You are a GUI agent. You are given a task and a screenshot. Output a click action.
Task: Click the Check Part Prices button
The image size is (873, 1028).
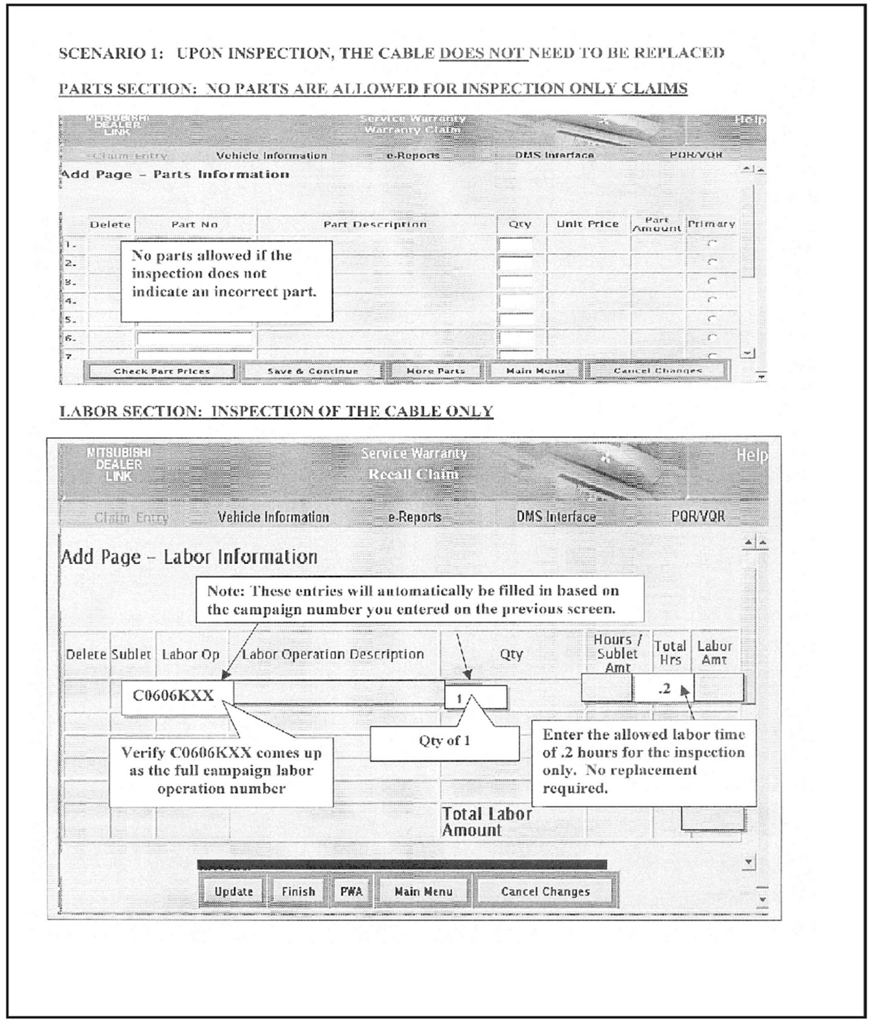(x=161, y=371)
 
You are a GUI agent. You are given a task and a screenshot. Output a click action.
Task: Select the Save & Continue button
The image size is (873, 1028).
(x=313, y=371)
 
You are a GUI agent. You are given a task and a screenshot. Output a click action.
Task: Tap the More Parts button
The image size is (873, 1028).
(x=435, y=371)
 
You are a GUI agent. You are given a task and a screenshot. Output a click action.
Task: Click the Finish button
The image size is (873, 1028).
(x=298, y=892)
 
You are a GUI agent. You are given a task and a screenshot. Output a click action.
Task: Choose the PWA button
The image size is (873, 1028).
(x=351, y=892)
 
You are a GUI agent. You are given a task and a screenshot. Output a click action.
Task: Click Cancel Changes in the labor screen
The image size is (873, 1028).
(x=545, y=892)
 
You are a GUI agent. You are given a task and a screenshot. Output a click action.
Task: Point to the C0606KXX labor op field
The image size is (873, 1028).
(x=173, y=696)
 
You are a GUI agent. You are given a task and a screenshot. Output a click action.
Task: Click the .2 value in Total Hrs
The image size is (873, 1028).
(x=664, y=688)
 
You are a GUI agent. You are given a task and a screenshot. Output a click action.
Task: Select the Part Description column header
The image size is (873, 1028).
(x=375, y=224)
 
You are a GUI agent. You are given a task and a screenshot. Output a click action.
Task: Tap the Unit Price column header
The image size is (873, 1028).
(x=587, y=224)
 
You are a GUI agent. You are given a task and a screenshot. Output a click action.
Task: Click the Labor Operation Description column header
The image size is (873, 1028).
(x=333, y=654)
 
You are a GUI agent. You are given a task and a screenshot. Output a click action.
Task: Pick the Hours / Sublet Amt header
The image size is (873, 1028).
(x=618, y=654)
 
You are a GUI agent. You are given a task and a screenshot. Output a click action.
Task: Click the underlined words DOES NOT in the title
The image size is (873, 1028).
(x=483, y=53)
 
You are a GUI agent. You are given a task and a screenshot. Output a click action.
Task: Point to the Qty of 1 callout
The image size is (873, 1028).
(x=444, y=741)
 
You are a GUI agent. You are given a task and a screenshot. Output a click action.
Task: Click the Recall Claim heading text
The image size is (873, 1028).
(x=413, y=474)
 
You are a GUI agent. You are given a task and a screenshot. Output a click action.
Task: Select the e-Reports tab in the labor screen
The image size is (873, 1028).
(x=415, y=517)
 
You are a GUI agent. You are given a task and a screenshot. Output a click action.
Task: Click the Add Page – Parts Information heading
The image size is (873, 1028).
(x=175, y=175)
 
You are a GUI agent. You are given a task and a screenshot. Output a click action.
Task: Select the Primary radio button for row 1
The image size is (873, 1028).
(x=712, y=243)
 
